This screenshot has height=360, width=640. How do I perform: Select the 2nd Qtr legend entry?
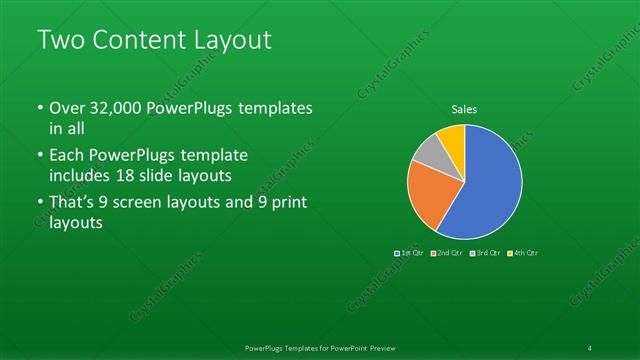click(x=448, y=253)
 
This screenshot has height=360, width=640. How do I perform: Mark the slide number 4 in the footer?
click(x=590, y=347)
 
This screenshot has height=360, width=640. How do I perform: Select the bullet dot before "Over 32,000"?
click(x=39, y=108)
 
